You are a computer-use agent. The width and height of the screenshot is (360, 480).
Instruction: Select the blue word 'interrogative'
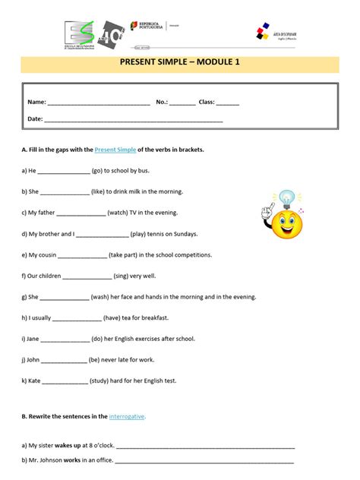coord(127,417)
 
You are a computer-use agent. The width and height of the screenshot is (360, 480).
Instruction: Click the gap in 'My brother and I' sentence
coord(103,235)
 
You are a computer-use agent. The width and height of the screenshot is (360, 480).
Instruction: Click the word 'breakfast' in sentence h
coord(153,318)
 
